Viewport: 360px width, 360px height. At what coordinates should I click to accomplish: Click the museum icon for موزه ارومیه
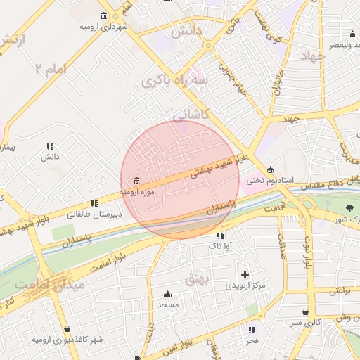[136, 181]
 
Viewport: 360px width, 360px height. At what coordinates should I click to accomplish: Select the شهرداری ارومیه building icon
[104, 16]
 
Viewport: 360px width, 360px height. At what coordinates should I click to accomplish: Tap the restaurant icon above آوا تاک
[220, 236]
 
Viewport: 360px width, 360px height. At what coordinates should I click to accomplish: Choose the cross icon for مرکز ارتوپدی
[245, 274]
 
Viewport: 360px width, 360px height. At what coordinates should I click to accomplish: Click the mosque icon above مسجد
[168, 294]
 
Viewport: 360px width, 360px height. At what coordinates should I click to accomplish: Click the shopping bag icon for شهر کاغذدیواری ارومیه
[67, 329]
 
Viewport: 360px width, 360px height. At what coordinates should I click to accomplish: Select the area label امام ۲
[53, 70]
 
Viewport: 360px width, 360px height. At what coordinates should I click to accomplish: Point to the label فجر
[252, 340]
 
